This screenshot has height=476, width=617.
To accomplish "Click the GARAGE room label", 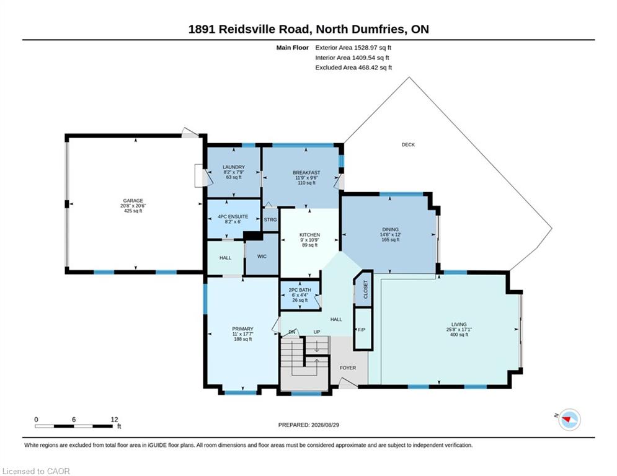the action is click(x=133, y=201).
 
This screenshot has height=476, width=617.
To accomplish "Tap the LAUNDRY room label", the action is click(x=234, y=167).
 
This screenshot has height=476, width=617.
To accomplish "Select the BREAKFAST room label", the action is click(x=306, y=173).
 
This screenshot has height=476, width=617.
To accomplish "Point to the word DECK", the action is click(x=408, y=145).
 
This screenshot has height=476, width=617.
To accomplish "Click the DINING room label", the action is click(x=390, y=229).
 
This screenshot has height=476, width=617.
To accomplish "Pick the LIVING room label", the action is click(x=459, y=325).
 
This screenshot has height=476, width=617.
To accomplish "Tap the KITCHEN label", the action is click(x=309, y=235).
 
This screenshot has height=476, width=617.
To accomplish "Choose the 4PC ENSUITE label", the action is click(x=233, y=217).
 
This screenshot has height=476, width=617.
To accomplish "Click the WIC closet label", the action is click(x=262, y=257).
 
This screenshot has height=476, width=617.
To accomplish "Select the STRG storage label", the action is click(x=270, y=220).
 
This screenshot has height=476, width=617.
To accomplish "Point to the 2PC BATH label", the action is click(x=300, y=290).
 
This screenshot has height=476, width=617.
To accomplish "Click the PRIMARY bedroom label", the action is click(x=243, y=329).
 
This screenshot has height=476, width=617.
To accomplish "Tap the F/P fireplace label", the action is click(x=362, y=330).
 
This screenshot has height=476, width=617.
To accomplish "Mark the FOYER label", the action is click(x=348, y=368).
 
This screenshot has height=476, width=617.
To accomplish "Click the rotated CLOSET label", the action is click(x=365, y=289).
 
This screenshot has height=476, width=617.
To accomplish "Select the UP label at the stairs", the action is click(x=317, y=332).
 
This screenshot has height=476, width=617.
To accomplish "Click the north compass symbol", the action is click(x=569, y=420).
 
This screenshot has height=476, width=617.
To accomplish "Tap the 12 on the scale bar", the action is click(x=115, y=420).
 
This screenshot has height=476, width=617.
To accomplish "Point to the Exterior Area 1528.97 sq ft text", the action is click(x=353, y=48).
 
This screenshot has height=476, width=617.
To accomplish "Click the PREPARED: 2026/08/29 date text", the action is click(x=309, y=425).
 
